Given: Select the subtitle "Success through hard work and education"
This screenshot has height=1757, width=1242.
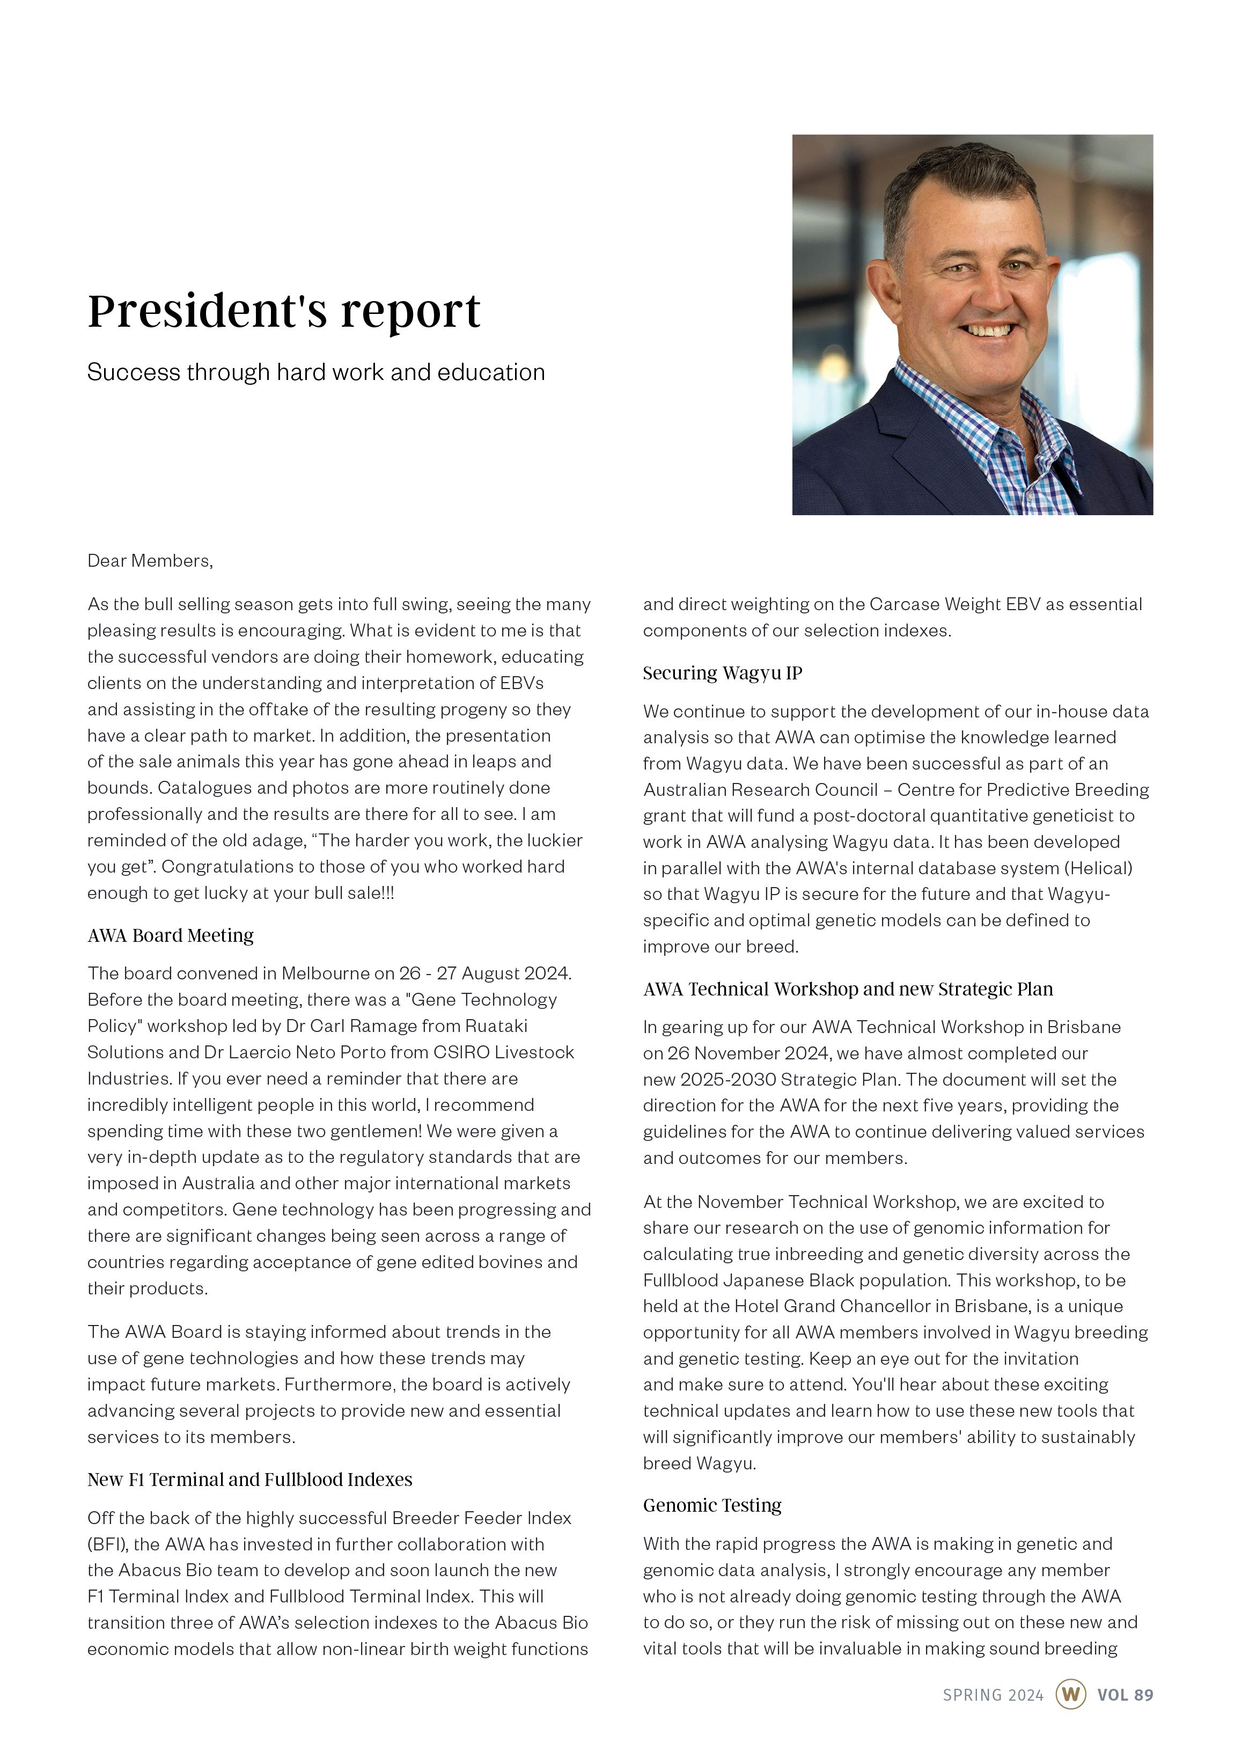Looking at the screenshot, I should pyautogui.click(x=316, y=372).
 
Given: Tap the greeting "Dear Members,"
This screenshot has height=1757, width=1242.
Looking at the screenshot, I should pyautogui.click(x=150, y=561).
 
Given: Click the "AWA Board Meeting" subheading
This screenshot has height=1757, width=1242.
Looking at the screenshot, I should pyautogui.click(x=171, y=935).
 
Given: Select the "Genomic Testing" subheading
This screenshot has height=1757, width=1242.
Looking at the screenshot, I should pyautogui.click(x=712, y=1505).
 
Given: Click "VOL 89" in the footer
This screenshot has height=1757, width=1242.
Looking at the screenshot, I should pyautogui.click(x=1125, y=1695).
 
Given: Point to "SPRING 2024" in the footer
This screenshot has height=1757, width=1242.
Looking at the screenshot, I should pyautogui.click(x=993, y=1695).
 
